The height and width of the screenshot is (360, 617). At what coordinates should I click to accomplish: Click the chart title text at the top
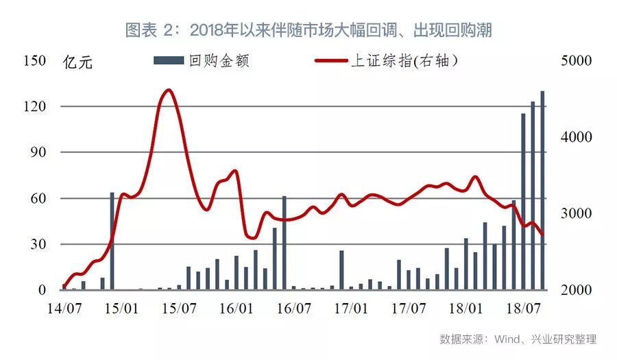[x=308, y=30]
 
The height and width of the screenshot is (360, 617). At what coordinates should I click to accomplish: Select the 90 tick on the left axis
[x=37, y=152]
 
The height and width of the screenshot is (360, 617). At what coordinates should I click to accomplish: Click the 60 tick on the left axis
[x=37, y=198]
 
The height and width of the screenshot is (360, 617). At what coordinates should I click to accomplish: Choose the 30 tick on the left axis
[x=37, y=244]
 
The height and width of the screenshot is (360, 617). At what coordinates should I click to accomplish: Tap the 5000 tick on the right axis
[x=574, y=60]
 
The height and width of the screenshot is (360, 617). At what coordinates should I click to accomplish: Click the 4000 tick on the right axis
[x=574, y=137]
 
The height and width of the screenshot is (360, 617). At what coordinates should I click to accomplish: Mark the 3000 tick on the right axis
[x=574, y=213]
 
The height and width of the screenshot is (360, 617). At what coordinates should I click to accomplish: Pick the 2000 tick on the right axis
[x=574, y=290]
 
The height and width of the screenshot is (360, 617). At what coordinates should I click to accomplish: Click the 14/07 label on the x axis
[x=62, y=309]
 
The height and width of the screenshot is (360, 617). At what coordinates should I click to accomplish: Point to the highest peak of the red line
[x=169, y=90]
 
